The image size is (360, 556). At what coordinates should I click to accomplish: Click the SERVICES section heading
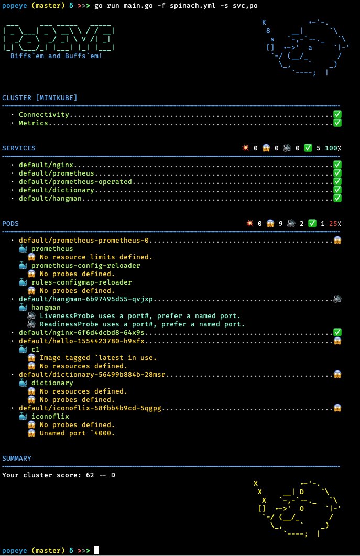[19, 148]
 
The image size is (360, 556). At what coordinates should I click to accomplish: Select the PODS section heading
[10, 223]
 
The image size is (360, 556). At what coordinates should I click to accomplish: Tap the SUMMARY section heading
[17, 458]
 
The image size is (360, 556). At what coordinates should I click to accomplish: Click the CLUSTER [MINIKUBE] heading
[40, 97]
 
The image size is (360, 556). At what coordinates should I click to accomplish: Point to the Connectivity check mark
[337, 114]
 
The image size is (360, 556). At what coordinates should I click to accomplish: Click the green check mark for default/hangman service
[337, 198]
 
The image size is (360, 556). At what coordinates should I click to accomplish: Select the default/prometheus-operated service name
[75, 182]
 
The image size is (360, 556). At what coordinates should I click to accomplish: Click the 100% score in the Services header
[333, 148]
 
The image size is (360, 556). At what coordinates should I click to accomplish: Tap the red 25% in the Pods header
[335, 224]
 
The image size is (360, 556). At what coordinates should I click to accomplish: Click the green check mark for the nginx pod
[337, 332]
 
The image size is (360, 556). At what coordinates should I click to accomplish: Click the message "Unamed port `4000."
[77, 433]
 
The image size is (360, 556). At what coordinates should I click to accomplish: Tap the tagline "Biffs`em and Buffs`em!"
[57, 56]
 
